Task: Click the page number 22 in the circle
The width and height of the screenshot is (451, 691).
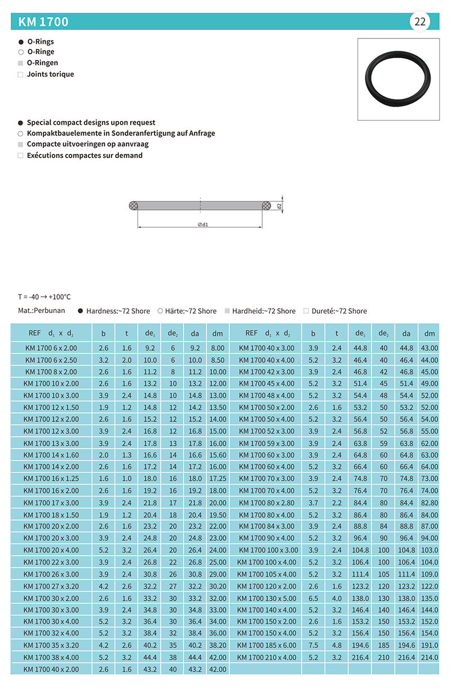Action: point(420,22)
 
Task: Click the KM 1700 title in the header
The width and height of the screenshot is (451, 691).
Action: point(43,22)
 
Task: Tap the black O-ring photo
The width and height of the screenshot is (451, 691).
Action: point(399,79)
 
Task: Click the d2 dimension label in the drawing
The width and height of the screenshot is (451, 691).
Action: point(279,207)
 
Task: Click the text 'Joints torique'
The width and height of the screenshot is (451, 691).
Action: point(50,74)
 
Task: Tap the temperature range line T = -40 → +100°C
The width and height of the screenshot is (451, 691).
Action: point(45,297)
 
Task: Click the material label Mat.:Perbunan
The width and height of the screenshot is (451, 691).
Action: point(42,310)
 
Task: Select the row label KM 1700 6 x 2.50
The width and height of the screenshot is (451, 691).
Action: point(51,360)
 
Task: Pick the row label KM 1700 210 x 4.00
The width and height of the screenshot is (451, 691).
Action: point(266,657)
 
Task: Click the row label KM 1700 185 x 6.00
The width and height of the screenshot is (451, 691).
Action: point(266,645)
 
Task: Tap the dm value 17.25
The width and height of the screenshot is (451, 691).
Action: point(217,478)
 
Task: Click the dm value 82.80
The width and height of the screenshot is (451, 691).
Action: point(430,503)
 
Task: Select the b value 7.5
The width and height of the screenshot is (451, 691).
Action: point(313,645)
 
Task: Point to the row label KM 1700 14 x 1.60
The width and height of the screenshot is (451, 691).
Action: point(51,455)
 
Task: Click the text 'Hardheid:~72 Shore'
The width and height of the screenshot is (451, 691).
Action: point(264,311)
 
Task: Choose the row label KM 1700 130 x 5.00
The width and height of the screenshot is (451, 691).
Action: point(266,598)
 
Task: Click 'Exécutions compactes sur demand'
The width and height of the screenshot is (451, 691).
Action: point(85,155)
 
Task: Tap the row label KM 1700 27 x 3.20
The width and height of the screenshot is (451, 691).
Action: point(51,586)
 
